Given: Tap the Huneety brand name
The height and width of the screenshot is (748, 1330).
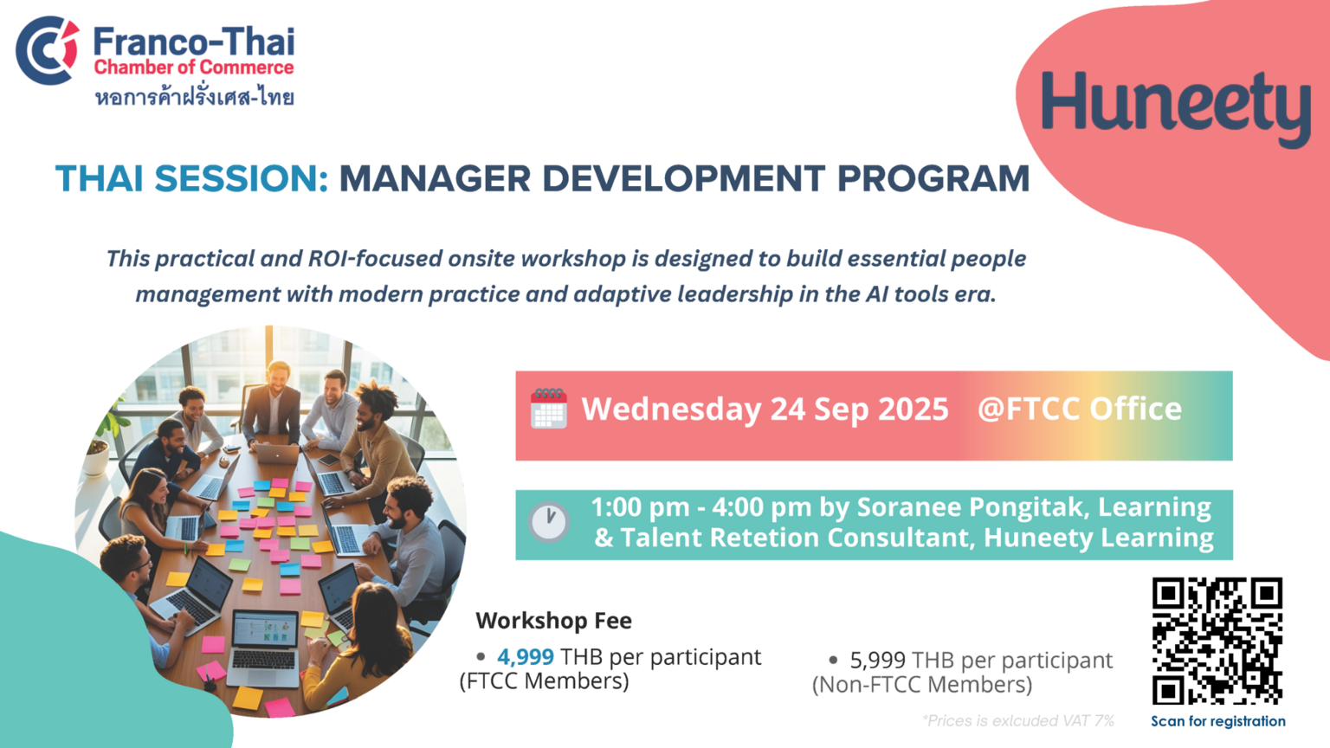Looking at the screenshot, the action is click(x=1176, y=106).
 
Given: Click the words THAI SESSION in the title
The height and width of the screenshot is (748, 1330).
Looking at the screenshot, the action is click(x=191, y=178).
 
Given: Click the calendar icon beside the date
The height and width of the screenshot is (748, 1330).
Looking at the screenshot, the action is click(x=549, y=409).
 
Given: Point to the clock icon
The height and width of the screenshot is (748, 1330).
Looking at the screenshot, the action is click(x=549, y=522).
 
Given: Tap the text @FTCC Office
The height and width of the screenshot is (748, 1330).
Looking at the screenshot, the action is click(x=1080, y=409).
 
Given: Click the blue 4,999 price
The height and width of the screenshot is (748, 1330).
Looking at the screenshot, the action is click(x=526, y=657).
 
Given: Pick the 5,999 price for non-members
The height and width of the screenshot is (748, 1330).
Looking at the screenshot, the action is click(x=877, y=661).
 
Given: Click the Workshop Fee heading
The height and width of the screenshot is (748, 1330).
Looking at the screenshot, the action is click(x=553, y=621).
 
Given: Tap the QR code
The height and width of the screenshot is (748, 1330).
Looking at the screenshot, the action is click(x=1217, y=642).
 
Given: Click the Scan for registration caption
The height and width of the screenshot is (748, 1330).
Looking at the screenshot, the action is click(x=1217, y=721).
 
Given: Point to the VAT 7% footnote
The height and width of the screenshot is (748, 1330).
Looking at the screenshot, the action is click(x=1017, y=720).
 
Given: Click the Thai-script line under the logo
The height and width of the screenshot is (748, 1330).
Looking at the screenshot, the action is click(x=194, y=97).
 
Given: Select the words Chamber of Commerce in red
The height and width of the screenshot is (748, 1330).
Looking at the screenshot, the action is click(x=194, y=67).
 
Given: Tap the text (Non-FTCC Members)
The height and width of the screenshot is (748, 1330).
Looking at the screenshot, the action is click(x=922, y=685).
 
